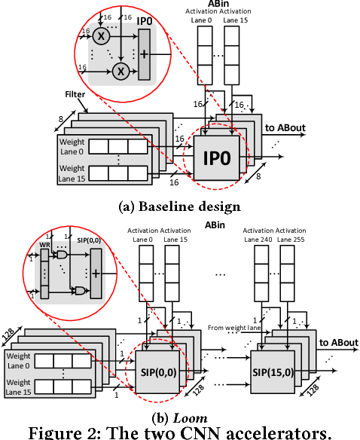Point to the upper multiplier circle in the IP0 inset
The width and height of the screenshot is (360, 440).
pyautogui.click(x=99, y=36)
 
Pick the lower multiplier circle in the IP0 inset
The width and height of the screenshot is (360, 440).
pyautogui.click(x=118, y=73)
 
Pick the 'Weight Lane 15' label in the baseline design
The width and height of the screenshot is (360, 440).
pyautogui.click(x=73, y=173)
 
